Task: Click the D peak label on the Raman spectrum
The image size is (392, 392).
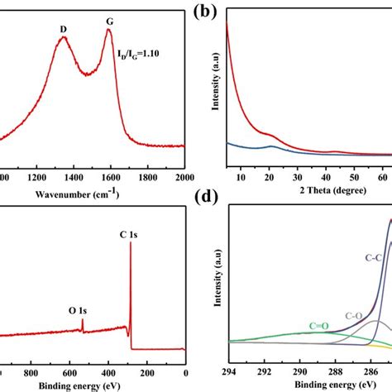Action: (64, 28)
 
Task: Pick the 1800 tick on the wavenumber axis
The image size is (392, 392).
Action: (147, 177)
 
